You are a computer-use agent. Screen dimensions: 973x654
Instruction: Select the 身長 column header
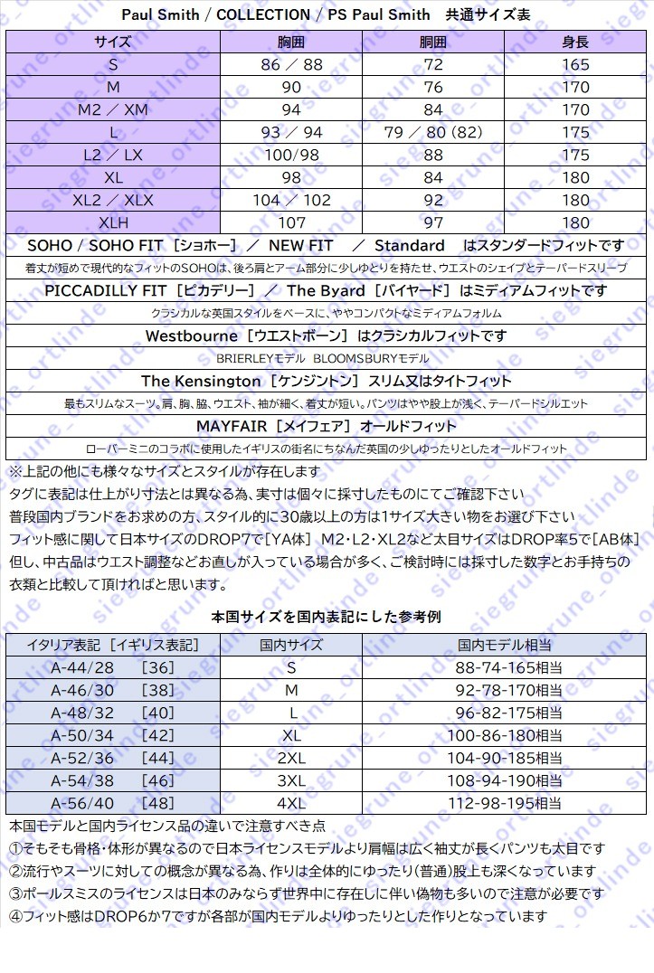(x=575, y=42)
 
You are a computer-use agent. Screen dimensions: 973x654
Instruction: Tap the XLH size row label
(x=113, y=222)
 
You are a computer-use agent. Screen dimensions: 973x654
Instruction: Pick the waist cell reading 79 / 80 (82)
(x=433, y=132)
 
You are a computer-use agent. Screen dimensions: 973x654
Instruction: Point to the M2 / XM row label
(x=113, y=109)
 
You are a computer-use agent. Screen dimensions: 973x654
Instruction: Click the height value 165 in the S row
(x=575, y=64)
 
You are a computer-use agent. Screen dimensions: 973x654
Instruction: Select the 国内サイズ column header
(x=291, y=645)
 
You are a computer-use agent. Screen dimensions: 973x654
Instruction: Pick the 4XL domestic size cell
(x=291, y=803)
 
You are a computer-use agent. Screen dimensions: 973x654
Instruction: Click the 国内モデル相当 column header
(x=505, y=645)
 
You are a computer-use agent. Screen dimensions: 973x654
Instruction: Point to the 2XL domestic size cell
(x=291, y=758)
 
